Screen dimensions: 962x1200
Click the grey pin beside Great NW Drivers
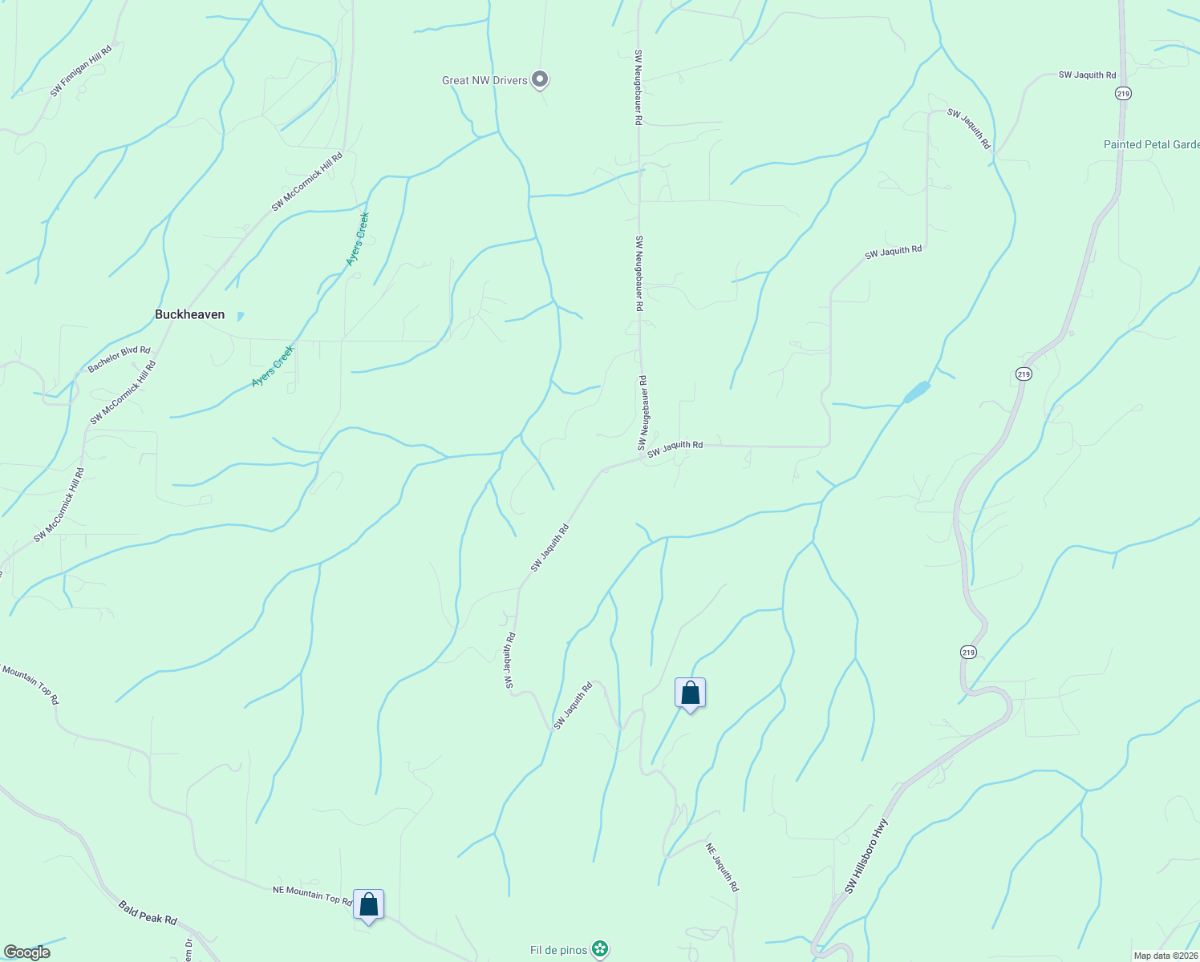(x=541, y=79)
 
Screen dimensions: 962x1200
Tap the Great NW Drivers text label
(x=484, y=80)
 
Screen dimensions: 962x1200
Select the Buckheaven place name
(x=189, y=314)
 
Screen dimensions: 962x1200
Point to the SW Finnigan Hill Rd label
(x=80, y=71)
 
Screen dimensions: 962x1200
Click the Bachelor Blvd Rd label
(x=119, y=359)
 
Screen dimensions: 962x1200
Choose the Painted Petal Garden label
(x=1151, y=145)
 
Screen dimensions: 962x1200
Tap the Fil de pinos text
(x=558, y=950)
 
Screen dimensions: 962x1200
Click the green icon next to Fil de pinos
(x=599, y=949)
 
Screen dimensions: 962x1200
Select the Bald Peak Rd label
(x=148, y=912)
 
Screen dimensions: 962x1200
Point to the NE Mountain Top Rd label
(x=312, y=895)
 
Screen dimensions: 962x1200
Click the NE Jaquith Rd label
(x=722, y=867)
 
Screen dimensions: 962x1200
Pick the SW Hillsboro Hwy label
(x=866, y=856)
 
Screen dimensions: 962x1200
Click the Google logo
(x=26, y=952)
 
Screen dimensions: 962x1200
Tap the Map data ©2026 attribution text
(x=1164, y=956)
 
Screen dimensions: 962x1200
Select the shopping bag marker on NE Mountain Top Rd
(x=368, y=905)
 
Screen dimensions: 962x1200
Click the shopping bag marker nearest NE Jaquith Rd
(x=690, y=693)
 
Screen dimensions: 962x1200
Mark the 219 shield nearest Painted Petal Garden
(x=1123, y=94)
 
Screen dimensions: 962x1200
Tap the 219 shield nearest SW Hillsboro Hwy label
(x=968, y=653)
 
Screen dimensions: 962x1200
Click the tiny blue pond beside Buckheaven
(x=240, y=316)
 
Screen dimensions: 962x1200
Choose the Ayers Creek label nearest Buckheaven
(x=273, y=366)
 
